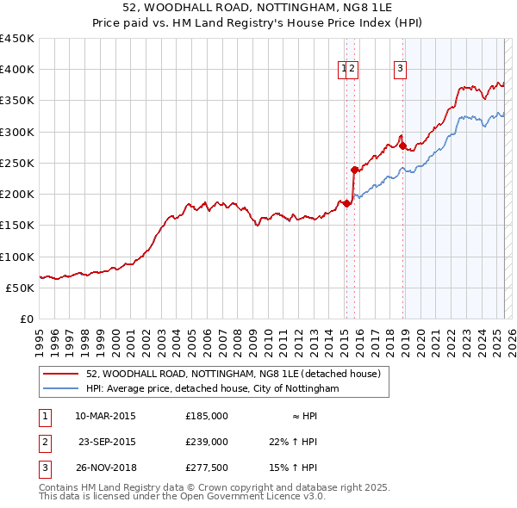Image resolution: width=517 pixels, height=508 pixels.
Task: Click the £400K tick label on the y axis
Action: [x=17, y=70]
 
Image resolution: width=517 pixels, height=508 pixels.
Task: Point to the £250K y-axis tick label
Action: [x=17, y=163]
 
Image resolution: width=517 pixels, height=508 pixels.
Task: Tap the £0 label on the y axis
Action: [x=27, y=319]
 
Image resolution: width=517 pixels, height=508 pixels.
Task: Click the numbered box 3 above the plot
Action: [x=401, y=71]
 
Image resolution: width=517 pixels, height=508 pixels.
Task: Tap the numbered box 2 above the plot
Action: [x=353, y=71]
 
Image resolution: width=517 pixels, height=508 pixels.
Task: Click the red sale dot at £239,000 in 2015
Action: [x=354, y=170]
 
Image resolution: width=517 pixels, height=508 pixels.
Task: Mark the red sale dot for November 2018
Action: [x=402, y=146]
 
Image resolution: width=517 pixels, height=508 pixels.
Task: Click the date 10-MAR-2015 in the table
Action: [x=105, y=416]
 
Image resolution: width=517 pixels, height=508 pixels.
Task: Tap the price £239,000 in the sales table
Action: [x=206, y=442]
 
